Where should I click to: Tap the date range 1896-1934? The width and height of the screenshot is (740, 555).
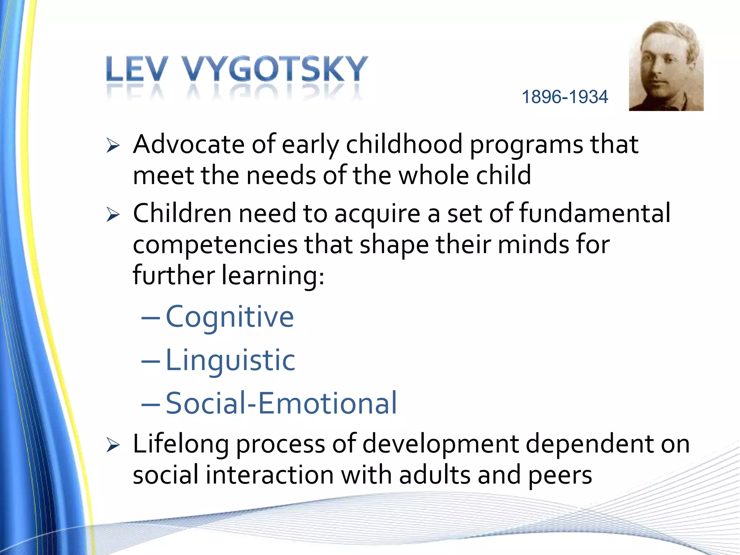point(565,97)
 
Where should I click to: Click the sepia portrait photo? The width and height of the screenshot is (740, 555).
point(666,66)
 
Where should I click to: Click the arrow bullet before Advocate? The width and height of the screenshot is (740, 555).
point(113,146)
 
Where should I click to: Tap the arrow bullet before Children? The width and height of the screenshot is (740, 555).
point(113,215)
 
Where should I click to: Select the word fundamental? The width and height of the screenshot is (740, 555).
point(595,213)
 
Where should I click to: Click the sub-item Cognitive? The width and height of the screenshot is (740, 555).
point(230,317)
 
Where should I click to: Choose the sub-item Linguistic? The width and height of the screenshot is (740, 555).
point(230,360)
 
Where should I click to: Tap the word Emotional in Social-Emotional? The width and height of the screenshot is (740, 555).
point(327,403)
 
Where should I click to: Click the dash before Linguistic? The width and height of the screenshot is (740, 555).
point(150,361)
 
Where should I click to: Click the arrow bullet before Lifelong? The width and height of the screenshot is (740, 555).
point(113,446)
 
